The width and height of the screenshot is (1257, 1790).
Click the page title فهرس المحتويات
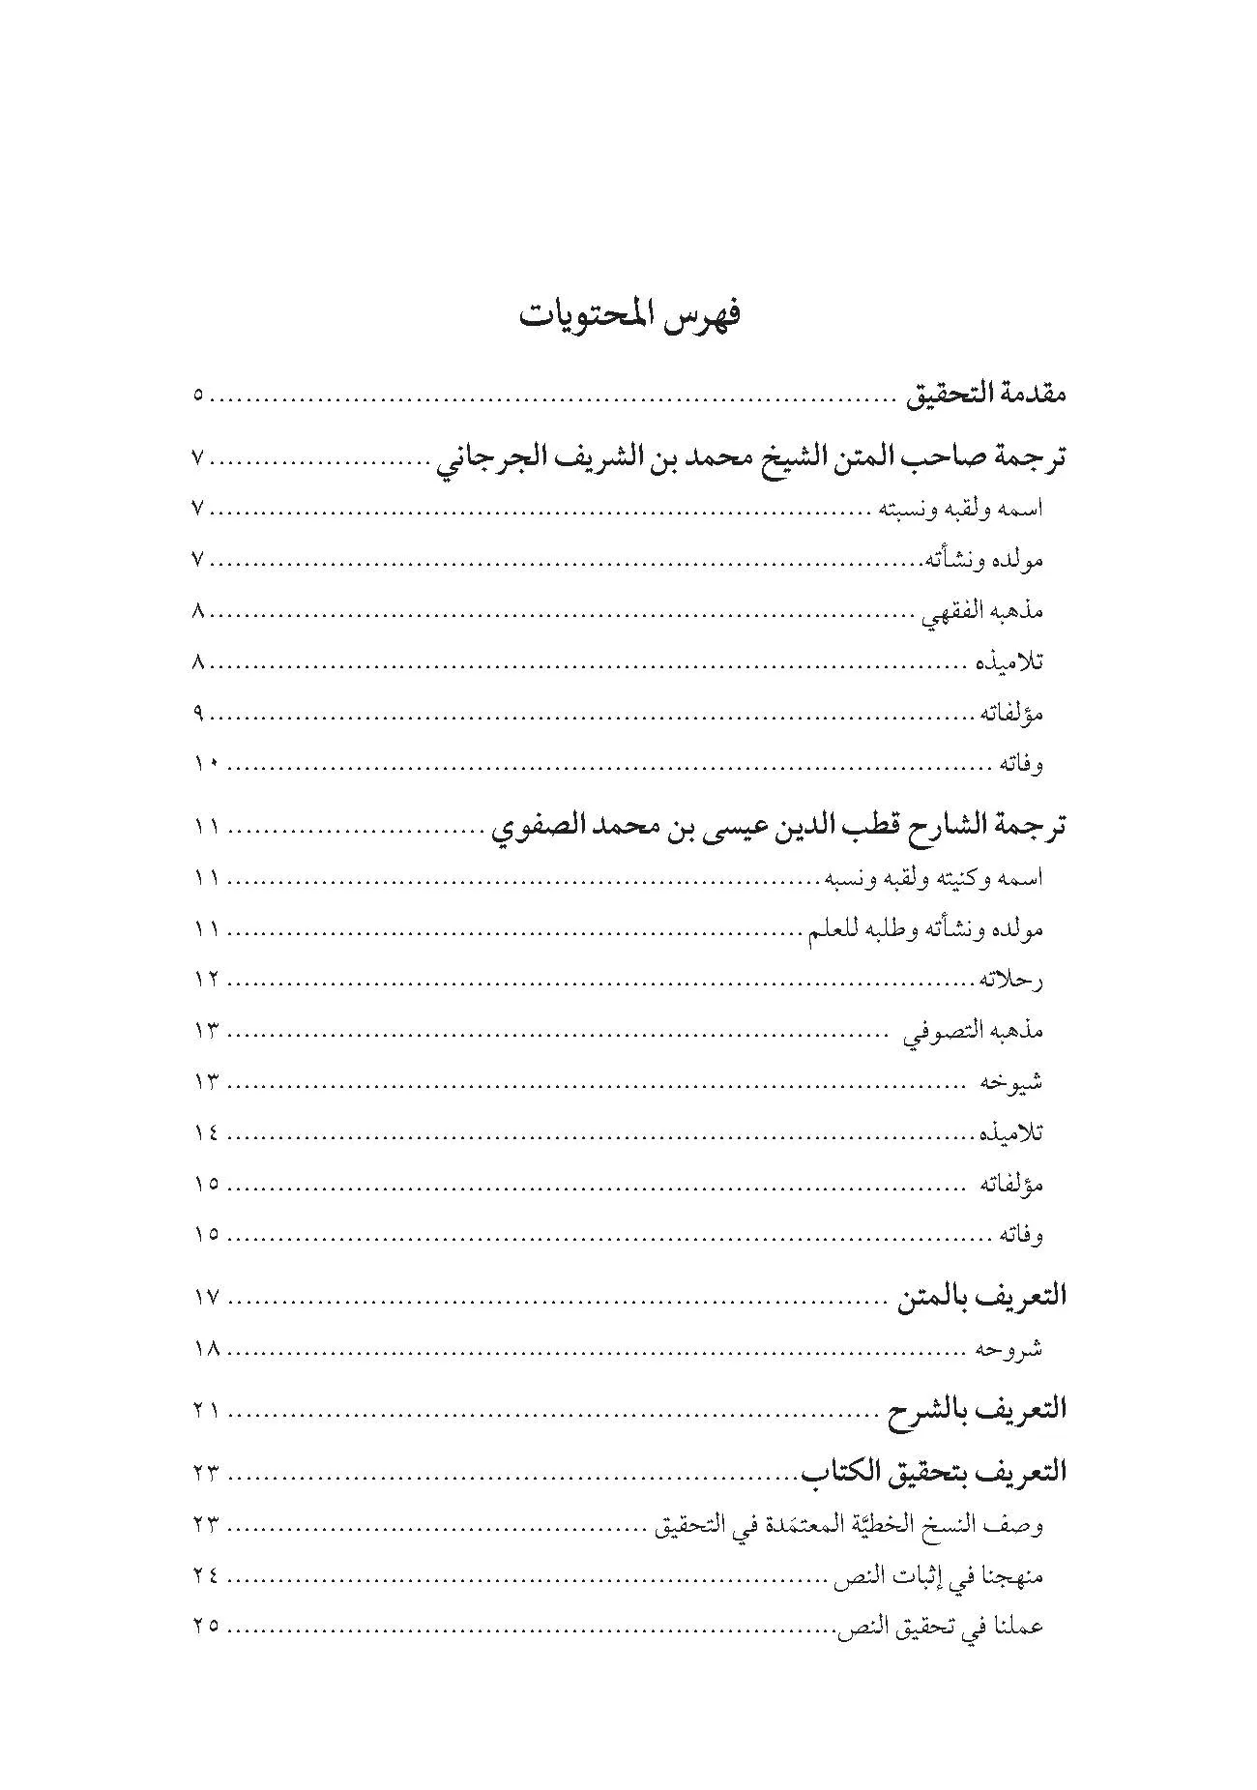[629, 316]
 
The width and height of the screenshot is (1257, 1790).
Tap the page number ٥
[198, 396]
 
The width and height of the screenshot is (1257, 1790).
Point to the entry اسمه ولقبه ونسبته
[960, 510]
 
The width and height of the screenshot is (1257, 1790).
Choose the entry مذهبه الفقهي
[983, 611]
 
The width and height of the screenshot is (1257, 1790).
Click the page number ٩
[198, 714]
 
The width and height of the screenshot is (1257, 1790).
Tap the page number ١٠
[205, 765]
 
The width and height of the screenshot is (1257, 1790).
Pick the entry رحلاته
[1011, 981]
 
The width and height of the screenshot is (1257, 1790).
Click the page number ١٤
[205, 1132]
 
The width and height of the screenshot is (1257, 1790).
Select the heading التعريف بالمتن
[981, 1297]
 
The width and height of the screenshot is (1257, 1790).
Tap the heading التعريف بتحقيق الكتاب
[933, 1473]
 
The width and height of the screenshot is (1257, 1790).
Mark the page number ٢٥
[205, 1627]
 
